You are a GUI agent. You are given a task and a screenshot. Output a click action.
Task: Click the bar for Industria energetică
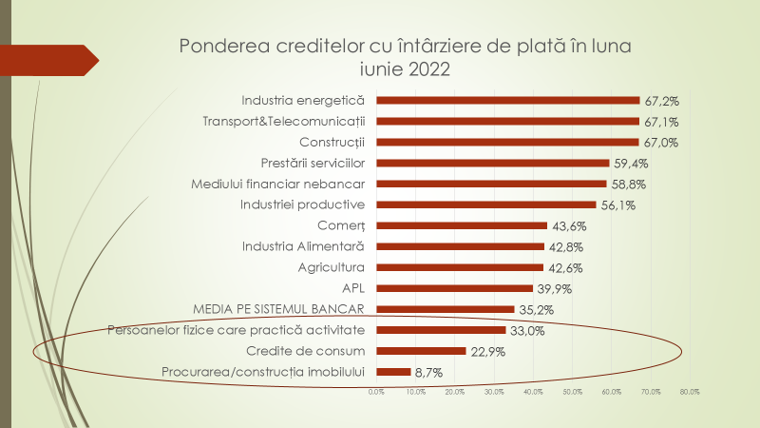(508, 100)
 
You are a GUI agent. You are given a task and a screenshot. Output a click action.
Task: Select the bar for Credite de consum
(421, 351)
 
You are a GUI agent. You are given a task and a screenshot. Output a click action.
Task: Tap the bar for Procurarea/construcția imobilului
(393, 372)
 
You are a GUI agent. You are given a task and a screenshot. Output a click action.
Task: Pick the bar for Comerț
(462, 225)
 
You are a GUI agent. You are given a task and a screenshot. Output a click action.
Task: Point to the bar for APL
(454, 288)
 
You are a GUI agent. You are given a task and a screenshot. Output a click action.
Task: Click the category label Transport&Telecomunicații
(284, 121)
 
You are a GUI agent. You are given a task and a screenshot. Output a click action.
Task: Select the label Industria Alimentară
(303, 246)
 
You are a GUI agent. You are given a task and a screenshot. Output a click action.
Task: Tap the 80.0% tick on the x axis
(689, 391)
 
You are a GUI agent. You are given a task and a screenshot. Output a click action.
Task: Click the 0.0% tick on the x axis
(376, 391)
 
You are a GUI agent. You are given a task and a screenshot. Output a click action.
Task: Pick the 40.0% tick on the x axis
(533, 391)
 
